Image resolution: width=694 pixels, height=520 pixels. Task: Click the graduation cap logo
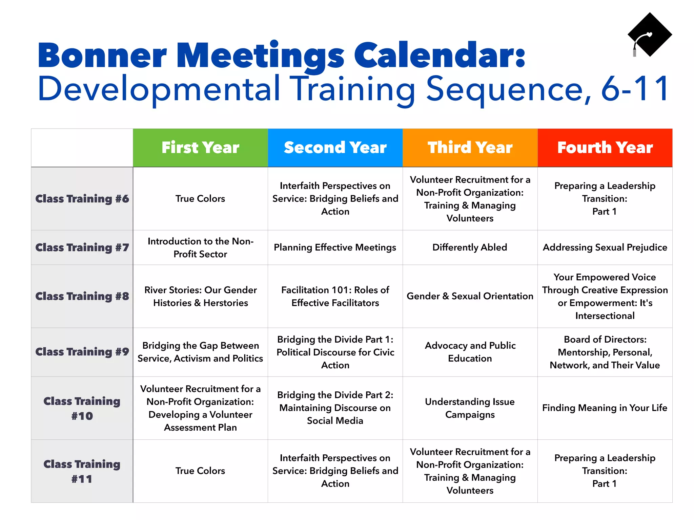pyautogui.click(x=649, y=35)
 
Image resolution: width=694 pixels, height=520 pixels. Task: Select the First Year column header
pyautogui.click(x=200, y=148)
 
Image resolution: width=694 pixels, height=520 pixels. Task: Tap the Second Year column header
pyautogui.click(x=335, y=148)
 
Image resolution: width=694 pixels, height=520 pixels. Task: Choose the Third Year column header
pyautogui.click(x=470, y=148)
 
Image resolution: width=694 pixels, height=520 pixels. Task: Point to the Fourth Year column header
pyautogui.click(x=605, y=148)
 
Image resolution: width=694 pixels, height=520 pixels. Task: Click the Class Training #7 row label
pyautogui.click(x=82, y=247)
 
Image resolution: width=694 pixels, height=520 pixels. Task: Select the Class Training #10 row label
pyautogui.click(x=82, y=408)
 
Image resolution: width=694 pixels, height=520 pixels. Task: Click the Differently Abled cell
pyautogui.click(x=470, y=247)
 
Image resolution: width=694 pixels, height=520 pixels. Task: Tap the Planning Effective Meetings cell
pyautogui.click(x=335, y=247)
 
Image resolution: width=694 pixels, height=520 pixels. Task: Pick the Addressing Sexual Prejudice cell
pyautogui.click(x=605, y=247)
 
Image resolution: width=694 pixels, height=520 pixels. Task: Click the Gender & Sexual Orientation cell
pyautogui.click(x=470, y=296)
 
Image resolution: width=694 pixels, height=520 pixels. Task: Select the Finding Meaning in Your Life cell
pyautogui.click(x=605, y=408)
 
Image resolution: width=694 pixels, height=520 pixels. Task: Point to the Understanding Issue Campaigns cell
pyautogui.click(x=470, y=408)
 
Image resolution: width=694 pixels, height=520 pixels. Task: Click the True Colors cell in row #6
pyautogui.click(x=200, y=199)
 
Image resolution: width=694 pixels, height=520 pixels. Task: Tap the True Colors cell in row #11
pyautogui.click(x=200, y=471)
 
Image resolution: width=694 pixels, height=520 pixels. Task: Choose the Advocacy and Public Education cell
pyautogui.click(x=470, y=352)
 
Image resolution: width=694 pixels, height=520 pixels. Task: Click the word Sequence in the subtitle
pyautogui.click(x=508, y=89)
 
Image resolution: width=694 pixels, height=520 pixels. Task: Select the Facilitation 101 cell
pyautogui.click(x=335, y=296)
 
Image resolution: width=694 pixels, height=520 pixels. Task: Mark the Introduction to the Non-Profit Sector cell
pyautogui.click(x=200, y=247)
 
